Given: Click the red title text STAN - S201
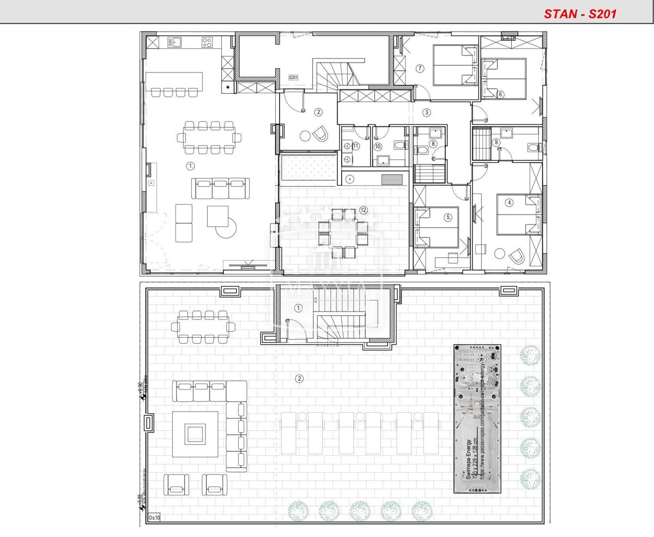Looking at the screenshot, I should (x=580, y=14).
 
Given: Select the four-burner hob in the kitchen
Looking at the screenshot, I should (x=207, y=42).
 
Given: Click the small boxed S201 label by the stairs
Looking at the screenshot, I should (x=293, y=78).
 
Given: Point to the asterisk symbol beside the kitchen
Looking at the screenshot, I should (x=228, y=87).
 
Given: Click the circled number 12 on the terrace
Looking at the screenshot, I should (x=364, y=210).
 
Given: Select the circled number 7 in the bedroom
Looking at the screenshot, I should (x=420, y=69).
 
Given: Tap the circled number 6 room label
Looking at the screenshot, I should (x=500, y=94).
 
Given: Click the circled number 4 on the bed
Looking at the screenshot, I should (x=509, y=203).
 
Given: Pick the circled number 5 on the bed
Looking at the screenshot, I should (x=448, y=217).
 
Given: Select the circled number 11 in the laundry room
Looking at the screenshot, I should (x=355, y=146).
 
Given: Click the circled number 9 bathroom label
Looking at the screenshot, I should (x=496, y=142).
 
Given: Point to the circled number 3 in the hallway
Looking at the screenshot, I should (x=427, y=113).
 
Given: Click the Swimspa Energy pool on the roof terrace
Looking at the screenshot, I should (x=477, y=418).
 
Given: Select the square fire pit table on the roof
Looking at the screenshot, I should (x=195, y=434).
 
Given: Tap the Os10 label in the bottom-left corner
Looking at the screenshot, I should (x=154, y=517).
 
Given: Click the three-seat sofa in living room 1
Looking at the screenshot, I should (x=220, y=188).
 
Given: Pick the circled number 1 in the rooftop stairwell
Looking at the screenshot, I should (x=298, y=308).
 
